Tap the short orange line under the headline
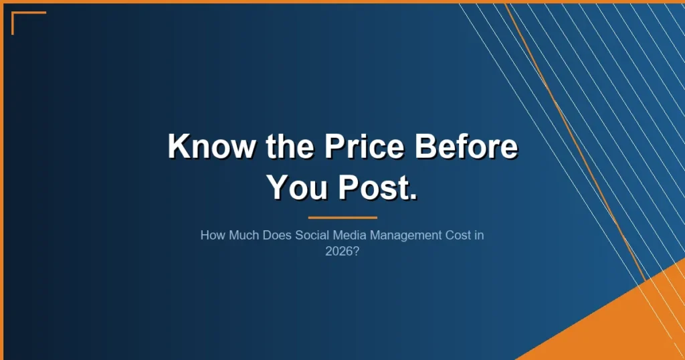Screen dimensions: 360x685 click(342, 217)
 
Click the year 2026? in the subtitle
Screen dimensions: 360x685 click(342, 252)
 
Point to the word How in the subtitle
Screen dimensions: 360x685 click(211, 236)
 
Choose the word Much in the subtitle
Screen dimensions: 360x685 click(239, 236)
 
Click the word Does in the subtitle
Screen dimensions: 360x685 click(270, 236)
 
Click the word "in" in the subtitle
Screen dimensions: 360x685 click(478, 236)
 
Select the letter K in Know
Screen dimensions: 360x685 click(177, 145)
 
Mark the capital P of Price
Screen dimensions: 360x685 click(335, 145)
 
